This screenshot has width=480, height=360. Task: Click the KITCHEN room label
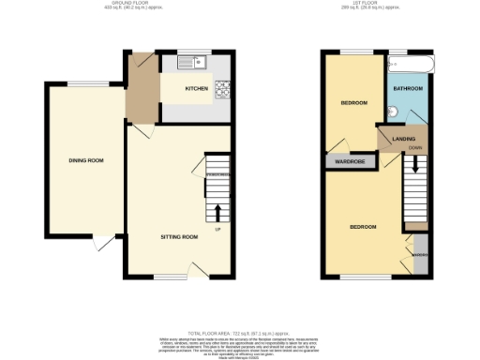tap(196, 88)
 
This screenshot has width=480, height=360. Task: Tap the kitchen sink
tap(200, 64)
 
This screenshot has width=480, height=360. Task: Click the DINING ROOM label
tap(85, 160)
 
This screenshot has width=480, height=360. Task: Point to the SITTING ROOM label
tap(178, 236)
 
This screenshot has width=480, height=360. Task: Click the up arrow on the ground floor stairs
tap(218, 211)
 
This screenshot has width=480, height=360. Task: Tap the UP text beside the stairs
tap(218, 229)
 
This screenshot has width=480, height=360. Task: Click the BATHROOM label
tap(408, 88)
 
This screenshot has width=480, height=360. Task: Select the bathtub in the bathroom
tap(409, 64)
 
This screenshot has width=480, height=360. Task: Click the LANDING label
tap(403, 139)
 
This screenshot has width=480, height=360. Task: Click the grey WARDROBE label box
tap(344, 160)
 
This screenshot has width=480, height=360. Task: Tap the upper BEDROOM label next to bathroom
tap(353, 102)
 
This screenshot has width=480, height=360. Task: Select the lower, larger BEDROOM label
tap(363, 227)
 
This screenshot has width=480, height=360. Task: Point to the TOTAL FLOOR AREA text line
tap(240, 333)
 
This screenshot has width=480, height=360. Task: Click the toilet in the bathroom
tap(395, 112)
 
